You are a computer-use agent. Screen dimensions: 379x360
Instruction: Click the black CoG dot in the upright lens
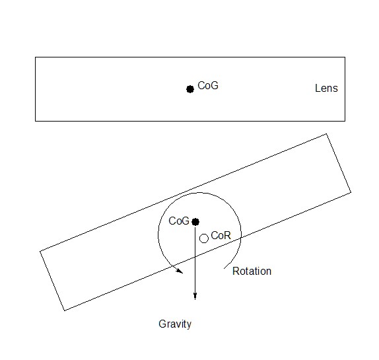point(190,89)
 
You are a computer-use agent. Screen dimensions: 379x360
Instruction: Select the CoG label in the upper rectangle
point(208,86)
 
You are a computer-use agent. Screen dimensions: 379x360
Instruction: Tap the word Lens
point(326,89)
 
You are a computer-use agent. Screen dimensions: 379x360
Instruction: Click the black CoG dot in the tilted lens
point(195,222)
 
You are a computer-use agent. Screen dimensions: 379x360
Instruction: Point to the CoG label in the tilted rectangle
point(179,221)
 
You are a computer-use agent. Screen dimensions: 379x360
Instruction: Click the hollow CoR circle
point(204,238)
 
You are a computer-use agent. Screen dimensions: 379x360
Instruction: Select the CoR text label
point(221,236)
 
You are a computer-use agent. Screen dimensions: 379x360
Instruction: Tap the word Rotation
point(252,271)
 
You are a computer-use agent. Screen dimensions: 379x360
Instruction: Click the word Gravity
point(175,324)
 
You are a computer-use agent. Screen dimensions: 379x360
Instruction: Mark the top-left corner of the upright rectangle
point(35,57)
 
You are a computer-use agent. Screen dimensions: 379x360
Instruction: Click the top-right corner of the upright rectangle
point(345,57)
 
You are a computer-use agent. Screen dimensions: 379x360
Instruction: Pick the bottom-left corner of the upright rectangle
point(35,121)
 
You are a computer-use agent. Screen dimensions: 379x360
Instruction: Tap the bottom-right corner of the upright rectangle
point(345,121)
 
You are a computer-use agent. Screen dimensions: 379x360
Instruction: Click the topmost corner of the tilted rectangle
point(327,133)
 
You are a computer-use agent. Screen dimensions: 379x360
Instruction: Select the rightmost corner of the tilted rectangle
point(351,192)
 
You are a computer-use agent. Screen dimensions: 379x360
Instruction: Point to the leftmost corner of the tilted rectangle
point(40,252)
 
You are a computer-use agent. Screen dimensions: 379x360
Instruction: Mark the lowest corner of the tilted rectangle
point(64,310)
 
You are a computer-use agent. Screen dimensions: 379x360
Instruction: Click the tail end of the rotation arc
point(224,269)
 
